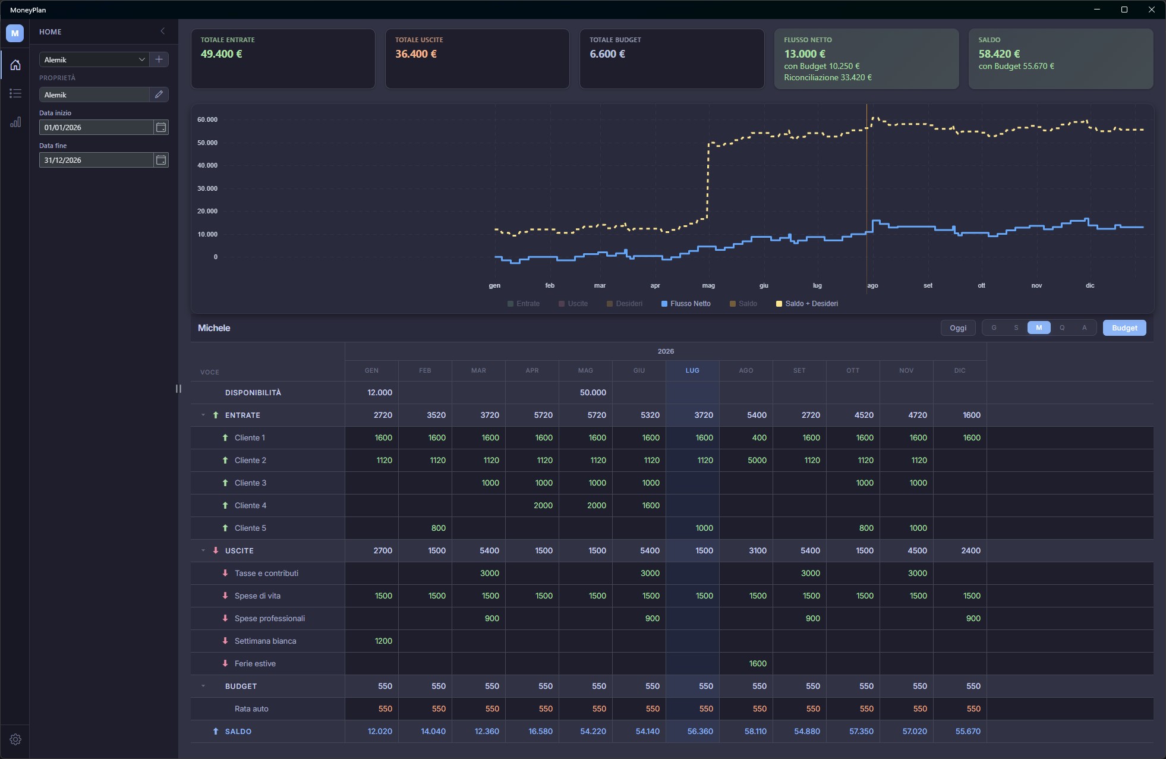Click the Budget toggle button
coord(1124,327)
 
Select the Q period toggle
coord(1061,327)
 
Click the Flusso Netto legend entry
coord(686,304)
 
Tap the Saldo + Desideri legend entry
coord(807,304)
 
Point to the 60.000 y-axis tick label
coord(207,119)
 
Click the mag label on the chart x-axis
coord(708,285)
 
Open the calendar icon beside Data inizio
coord(161,127)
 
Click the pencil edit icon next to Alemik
coord(159,95)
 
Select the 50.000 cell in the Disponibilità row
coord(593,392)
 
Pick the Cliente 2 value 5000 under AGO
coord(757,460)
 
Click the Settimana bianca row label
coord(265,641)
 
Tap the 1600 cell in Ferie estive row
coord(758,663)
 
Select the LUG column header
coord(692,370)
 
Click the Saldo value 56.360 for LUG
coord(700,731)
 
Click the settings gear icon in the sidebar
coord(15,739)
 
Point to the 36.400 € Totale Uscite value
coord(416,54)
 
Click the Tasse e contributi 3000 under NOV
coord(917,573)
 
